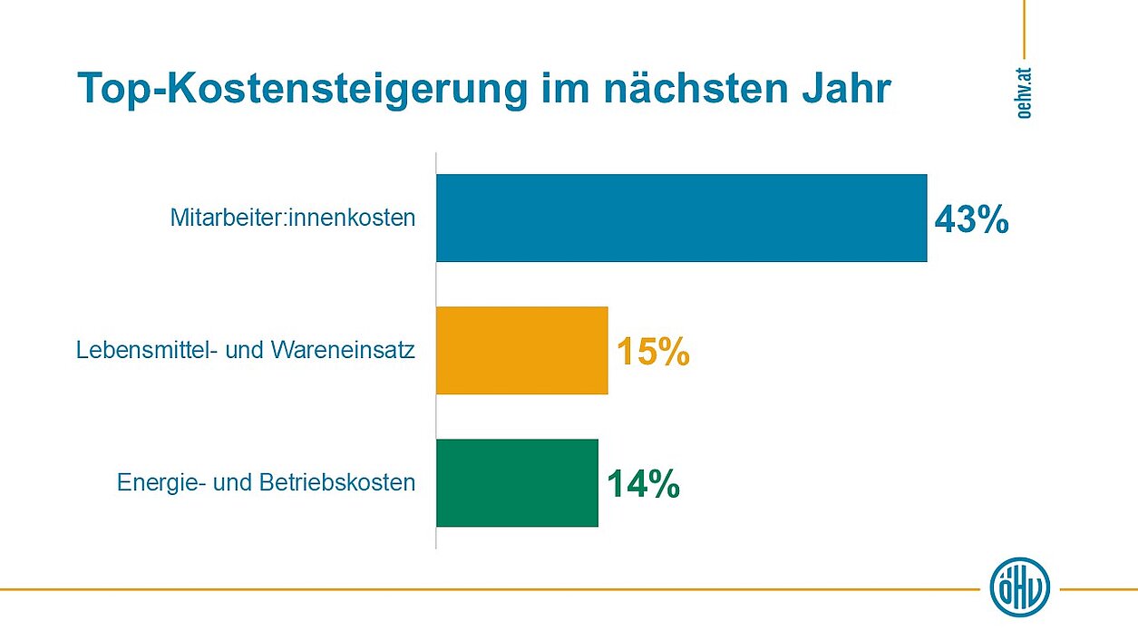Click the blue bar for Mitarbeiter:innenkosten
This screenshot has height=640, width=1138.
click(x=681, y=218)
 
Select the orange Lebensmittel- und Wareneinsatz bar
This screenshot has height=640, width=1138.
click(x=521, y=351)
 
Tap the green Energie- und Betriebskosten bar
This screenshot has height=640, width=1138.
click(x=517, y=483)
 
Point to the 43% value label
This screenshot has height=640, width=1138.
click(x=971, y=220)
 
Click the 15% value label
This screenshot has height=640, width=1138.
click(x=653, y=353)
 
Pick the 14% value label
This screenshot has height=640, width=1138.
click(x=643, y=485)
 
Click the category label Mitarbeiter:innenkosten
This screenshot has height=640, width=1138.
click(x=293, y=218)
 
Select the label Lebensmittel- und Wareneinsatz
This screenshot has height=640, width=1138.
click(x=246, y=351)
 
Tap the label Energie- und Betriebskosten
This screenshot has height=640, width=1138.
click(x=266, y=483)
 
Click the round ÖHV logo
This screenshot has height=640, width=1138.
click(x=1020, y=587)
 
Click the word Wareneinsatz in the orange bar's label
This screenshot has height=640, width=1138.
click(x=345, y=351)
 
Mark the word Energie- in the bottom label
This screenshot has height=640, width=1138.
click(x=160, y=483)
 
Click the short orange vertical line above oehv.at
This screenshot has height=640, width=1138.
click(x=1025, y=29)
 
